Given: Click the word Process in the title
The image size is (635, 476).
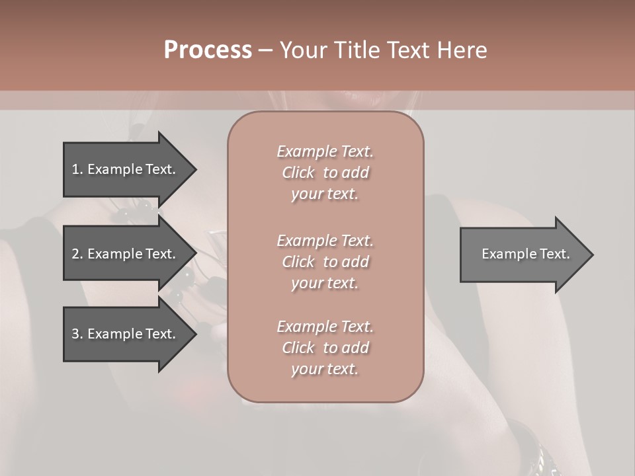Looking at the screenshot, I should coord(208,50).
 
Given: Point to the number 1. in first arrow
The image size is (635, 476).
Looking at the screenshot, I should coord(77,169).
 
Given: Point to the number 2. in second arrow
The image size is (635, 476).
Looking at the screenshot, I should coord(77,254).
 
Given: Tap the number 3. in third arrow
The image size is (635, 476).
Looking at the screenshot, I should coord(77,334).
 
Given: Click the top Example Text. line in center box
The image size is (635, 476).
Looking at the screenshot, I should coord(325,151).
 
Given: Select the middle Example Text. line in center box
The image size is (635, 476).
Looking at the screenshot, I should coord(325,240).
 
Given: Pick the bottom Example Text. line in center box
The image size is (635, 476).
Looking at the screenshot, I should coord(325,326).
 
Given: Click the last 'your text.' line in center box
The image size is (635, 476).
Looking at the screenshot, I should coord(325,369).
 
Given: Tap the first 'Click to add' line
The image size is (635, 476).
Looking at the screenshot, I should coord(325,173).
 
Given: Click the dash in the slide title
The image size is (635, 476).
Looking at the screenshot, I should coord(265,50).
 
